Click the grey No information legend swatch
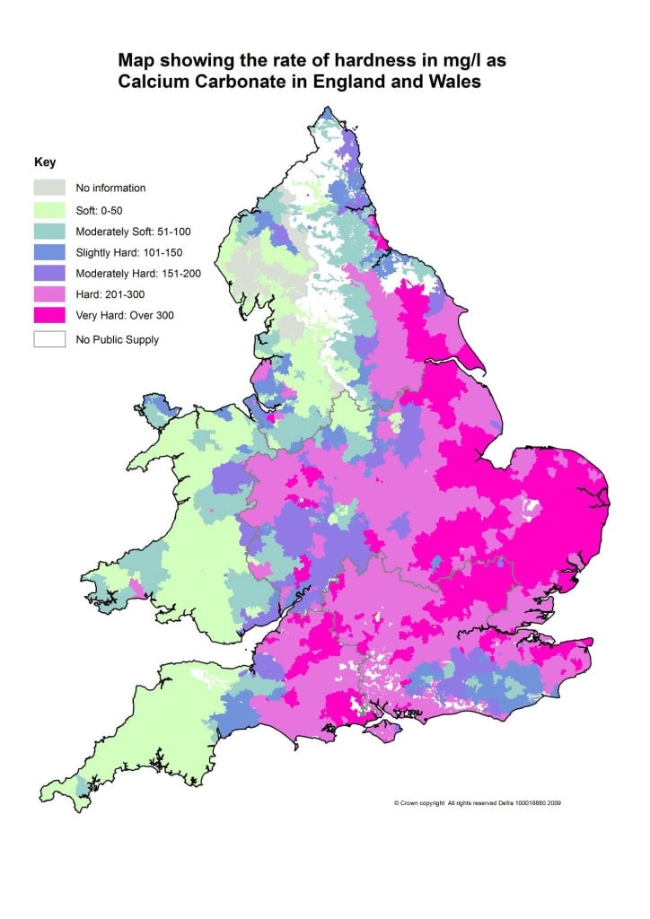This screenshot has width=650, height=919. click(49, 188)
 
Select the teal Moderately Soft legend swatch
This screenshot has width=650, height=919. click(49, 232)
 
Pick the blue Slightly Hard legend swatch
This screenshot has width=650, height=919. click(49, 252)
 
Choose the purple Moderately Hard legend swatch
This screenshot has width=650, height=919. click(49, 273)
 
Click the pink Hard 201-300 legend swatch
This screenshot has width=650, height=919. click(49, 293)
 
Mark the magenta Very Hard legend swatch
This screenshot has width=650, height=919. click(49, 315)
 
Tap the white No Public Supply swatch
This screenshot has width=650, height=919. click(49, 339)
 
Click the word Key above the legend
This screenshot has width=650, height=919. click(45, 162)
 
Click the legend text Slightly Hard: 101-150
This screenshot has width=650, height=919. click(131, 252)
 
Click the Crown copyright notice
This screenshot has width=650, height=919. click(478, 802)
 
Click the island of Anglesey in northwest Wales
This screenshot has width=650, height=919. click(161, 411)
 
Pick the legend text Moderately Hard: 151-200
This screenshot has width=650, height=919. click(139, 273)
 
